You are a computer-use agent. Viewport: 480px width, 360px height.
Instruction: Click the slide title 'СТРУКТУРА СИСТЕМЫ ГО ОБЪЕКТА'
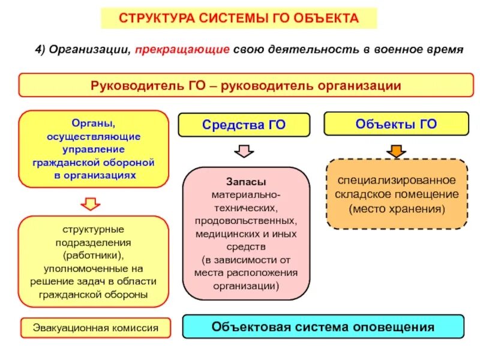(x=239, y=18)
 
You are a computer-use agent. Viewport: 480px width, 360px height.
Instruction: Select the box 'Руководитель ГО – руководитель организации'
(x=246, y=85)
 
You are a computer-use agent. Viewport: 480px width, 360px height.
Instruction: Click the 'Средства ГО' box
(x=244, y=125)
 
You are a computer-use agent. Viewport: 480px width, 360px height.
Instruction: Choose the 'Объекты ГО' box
(x=395, y=124)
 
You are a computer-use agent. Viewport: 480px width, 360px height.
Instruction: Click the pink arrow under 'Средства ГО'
(x=243, y=150)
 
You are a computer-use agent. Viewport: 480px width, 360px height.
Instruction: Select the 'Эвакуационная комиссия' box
(x=95, y=328)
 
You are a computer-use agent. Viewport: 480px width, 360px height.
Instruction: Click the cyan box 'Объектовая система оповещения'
(x=323, y=328)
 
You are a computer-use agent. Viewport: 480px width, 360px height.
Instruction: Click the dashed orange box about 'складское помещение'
(x=395, y=194)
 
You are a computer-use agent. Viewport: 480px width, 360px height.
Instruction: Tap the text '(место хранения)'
(x=397, y=209)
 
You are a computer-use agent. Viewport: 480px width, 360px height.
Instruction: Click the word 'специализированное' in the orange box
(x=397, y=180)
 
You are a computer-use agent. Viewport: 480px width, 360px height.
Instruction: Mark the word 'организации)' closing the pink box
(x=246, y=286)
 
